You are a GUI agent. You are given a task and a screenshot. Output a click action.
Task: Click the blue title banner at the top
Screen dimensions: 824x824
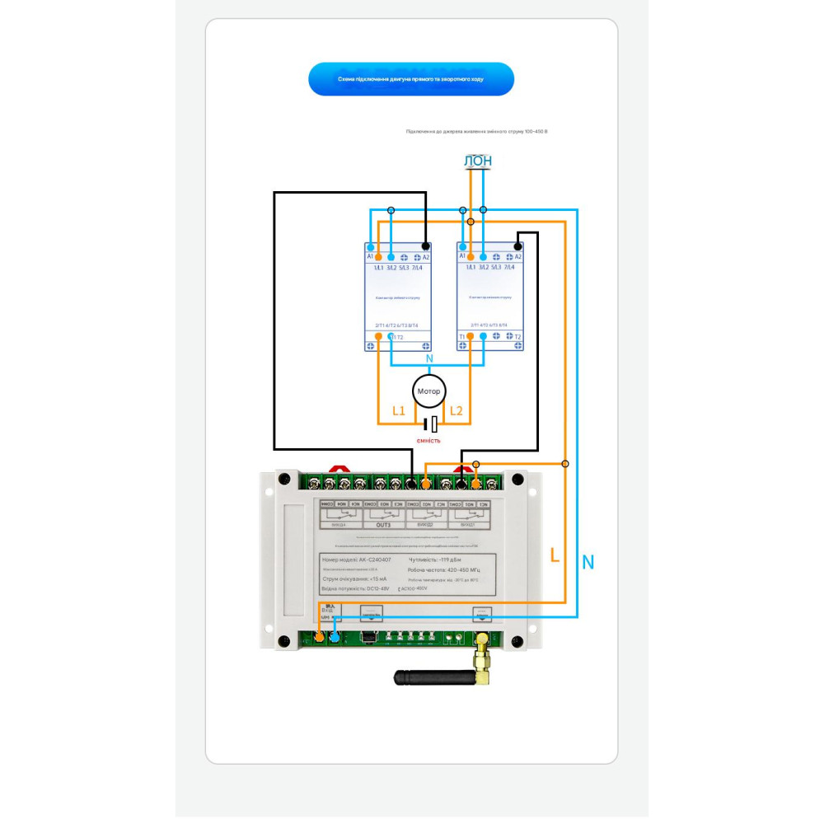pos(410,79)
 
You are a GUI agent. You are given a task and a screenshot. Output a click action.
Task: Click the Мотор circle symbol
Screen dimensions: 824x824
pos(428,391)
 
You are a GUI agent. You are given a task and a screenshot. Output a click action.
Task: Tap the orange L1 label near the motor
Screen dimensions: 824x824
pos(399,410)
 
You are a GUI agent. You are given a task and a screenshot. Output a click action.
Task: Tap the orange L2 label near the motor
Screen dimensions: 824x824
pos(456,410)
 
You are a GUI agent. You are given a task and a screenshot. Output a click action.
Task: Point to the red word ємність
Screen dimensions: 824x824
pos(428,440)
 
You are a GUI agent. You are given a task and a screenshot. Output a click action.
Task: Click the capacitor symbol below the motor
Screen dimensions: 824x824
pos(430,424)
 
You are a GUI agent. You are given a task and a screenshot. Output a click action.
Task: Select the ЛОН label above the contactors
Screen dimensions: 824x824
pos(478,162)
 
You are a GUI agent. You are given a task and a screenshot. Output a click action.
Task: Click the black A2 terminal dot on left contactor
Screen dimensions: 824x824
pos(425,246)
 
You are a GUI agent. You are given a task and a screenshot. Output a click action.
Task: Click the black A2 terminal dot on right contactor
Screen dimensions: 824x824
pos(517,246)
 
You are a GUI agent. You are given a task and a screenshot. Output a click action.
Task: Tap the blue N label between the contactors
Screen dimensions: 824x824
pos(428,359)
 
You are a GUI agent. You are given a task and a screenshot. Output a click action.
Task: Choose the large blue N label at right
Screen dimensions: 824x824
pos(588,563)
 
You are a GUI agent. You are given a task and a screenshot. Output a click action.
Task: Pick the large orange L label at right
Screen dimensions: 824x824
pos(555,556)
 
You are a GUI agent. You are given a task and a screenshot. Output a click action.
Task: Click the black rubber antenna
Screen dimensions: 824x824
pos(433,678)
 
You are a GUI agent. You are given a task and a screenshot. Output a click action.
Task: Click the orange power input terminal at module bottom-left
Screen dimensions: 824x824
pos(320,638)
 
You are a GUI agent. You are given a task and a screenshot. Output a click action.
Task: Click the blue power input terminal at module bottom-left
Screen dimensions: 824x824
pos(335,638)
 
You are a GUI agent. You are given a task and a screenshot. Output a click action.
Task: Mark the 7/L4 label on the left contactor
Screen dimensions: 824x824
pos(417,268)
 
